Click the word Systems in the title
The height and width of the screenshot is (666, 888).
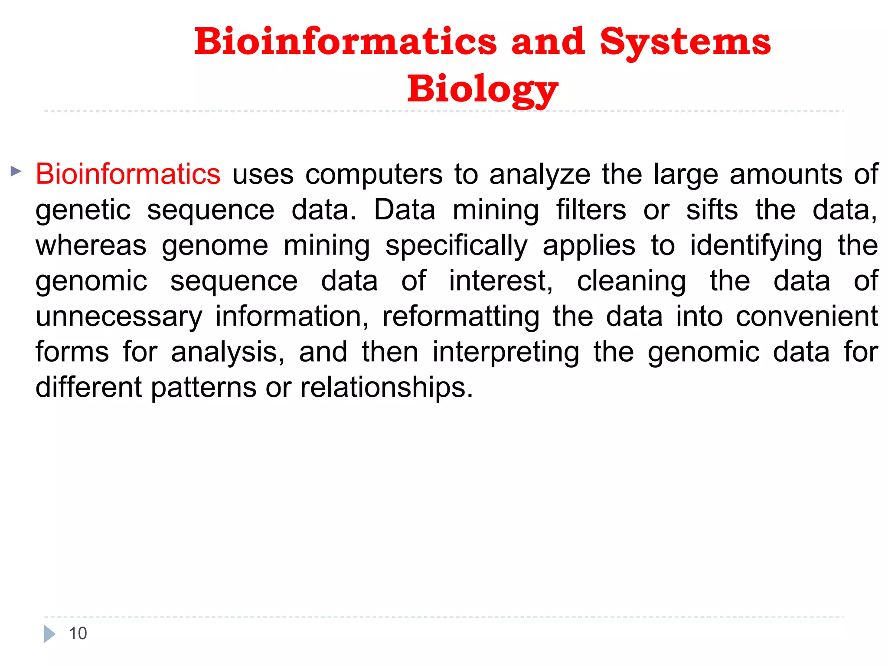pos(685,42)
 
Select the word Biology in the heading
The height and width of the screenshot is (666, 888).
pos(483,89)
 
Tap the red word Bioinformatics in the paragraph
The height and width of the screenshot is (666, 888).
pos(128,174)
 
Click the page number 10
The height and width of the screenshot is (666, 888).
pos(78,633)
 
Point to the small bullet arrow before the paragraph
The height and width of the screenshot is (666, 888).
pos(16,171)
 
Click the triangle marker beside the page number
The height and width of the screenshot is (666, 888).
pos(49,634)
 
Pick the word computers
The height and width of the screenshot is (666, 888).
pos(374,174)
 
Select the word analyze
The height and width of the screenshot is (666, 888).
pos(540,174)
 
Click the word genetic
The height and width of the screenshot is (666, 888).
pos(83,210)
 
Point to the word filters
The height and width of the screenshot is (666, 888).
pos(591,210)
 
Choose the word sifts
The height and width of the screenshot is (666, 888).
pos(712,210)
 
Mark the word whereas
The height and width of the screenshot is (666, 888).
pos(91,246)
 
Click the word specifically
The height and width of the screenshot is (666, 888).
pos(456,246)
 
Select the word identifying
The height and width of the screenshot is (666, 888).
pos(756,246)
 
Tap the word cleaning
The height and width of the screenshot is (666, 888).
pos(631,281)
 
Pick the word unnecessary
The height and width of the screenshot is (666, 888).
pos(119,317)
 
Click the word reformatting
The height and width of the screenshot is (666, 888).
pos(461,317)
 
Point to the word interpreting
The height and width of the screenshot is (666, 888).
pos(506,353)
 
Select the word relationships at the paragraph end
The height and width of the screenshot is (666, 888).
pos(386,387)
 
